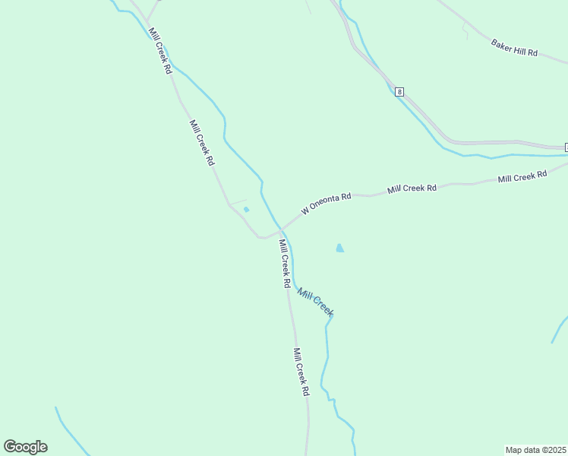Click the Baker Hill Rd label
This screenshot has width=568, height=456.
click(514, 48)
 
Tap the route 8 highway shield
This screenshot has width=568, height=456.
click(399, 92)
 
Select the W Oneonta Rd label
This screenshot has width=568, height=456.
click(326, 203)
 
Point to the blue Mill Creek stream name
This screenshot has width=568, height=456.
click(315, 302)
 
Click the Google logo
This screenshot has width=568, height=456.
click(25, 447)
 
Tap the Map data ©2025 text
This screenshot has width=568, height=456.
click(535, 449)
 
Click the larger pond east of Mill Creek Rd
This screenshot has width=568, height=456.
click(339, 248)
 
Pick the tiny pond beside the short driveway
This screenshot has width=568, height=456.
click(246, 210)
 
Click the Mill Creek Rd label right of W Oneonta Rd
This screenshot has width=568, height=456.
click(412, 188)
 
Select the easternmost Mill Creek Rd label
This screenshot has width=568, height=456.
click(522, 176)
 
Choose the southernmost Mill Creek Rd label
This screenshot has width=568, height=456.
click(301, 372)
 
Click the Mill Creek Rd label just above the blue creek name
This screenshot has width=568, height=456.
click(285, 263)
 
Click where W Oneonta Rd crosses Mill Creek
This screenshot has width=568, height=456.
click(281, 227)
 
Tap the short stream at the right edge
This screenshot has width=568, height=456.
click(560, 328)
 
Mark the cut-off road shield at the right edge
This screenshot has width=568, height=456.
click(566, 147)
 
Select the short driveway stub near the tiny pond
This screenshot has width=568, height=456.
click(238, 202)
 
